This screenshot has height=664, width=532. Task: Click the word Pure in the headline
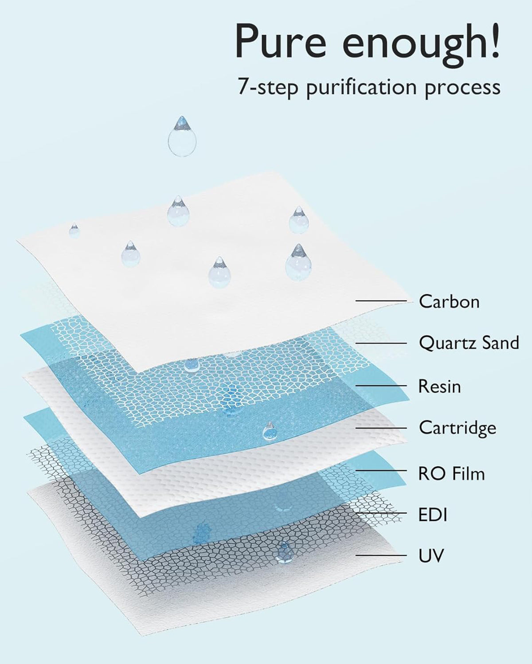coord(281,41)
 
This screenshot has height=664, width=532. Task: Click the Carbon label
coord(449,301)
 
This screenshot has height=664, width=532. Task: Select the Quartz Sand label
coord(469,343)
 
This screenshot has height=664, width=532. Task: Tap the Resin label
coord(439,387)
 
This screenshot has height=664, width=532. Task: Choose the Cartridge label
coord(457,428)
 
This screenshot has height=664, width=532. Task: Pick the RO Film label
coord(451,474)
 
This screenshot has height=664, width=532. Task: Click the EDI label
coord(433,515)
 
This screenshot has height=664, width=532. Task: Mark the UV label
coord(431,555)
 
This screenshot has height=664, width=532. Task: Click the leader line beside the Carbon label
coord(381,301)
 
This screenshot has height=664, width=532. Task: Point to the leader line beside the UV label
coord(381,555)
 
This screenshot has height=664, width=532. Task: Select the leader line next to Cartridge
coord(381,428)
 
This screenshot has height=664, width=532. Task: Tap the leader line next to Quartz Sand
coord(381,343)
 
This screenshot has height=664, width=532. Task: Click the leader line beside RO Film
coord(381,471)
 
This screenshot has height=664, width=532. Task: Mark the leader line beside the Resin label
coord(381,386)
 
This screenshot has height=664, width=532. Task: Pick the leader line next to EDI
coord(381,513)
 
